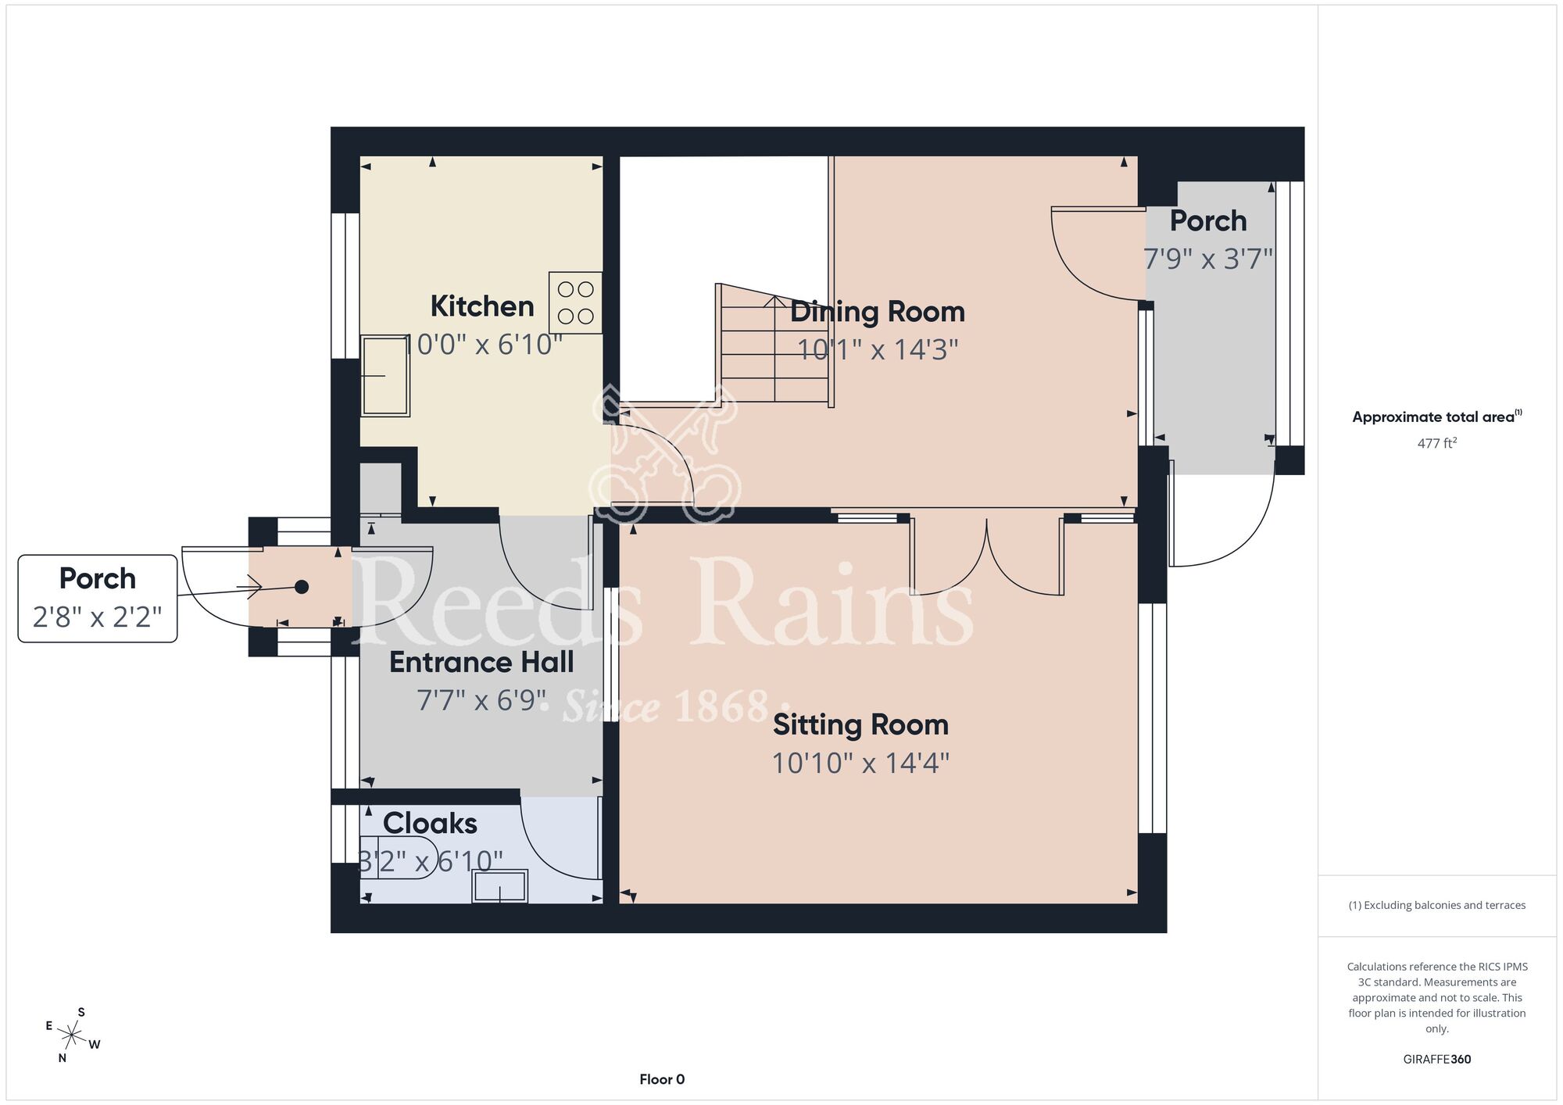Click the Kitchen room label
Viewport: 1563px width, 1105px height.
482,306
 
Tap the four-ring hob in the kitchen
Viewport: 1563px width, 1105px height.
575,302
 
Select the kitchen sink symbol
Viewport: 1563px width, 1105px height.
385,376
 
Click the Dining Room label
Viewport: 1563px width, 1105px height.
878,312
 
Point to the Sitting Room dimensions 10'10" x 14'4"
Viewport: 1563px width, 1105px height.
860,763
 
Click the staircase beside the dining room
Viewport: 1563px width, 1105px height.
774,344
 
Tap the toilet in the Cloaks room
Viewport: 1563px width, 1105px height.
399,857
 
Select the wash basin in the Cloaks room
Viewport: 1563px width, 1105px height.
500,886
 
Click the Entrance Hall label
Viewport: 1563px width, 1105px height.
481,663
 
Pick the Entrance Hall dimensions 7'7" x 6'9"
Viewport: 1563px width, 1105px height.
481,700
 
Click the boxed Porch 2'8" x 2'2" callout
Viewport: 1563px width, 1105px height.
98,599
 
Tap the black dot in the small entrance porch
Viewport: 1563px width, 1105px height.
302,587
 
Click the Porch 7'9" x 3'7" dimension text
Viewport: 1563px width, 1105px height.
1208,259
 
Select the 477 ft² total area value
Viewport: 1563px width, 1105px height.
1437,443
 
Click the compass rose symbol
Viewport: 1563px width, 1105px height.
72,1036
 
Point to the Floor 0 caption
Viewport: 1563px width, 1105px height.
662,1079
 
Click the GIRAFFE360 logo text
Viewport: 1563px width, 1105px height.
1437,1060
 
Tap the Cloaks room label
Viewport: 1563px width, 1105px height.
430,824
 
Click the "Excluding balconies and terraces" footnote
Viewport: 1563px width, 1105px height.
1437,905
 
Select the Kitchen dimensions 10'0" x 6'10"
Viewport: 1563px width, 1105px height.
482,345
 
